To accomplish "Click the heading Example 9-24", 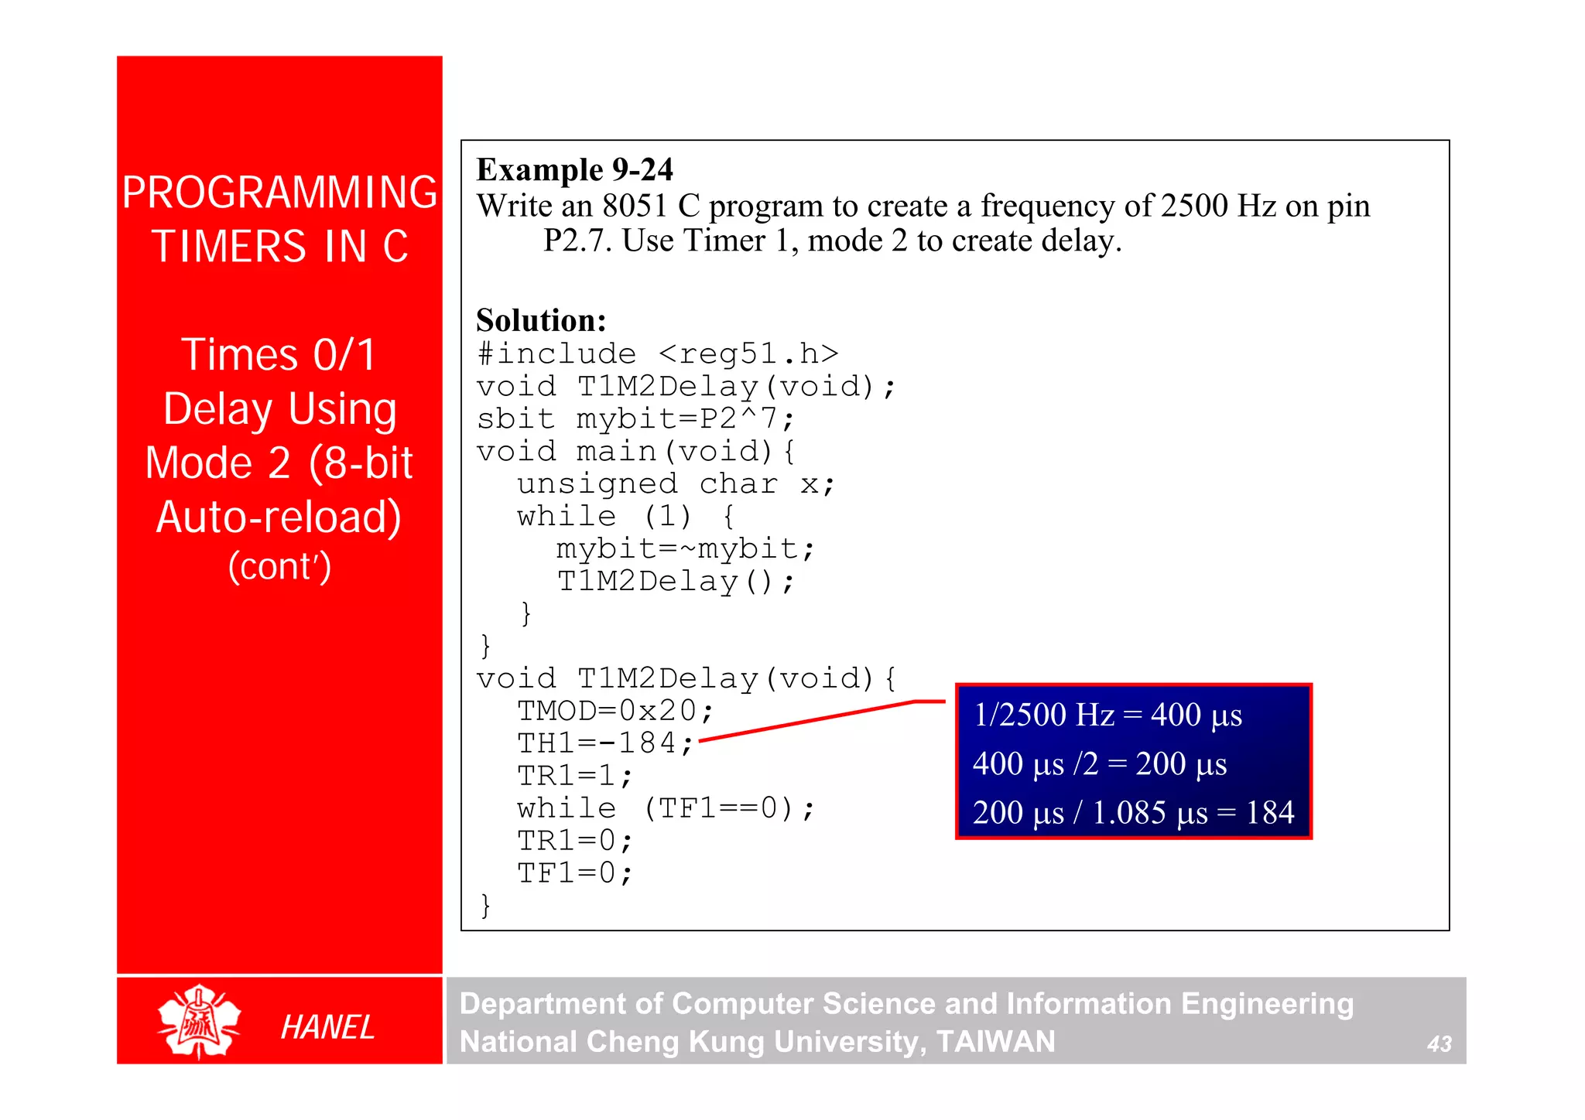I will pos(574,170).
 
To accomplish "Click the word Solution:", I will pos(541,320).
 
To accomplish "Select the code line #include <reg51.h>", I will pos(658,354).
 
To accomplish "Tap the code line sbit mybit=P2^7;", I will pos(635,419).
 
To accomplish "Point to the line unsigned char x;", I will pos(676,484).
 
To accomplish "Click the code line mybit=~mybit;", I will pos(685,549).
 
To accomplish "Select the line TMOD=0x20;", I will pos(615,711).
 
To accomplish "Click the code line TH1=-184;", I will pos(605,743).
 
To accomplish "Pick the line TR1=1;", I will pos(575,776).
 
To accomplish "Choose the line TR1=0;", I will pos(575,841).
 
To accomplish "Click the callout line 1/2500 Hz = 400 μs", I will pos(1107,715).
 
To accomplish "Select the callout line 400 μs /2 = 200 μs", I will pos(1100,764).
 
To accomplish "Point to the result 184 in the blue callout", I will pos(1269,813).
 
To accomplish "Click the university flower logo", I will pos(199,1022).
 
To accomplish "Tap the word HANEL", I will pos(327,1028).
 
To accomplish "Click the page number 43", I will pos(1439,1044).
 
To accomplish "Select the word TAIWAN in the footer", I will pos(995,1042).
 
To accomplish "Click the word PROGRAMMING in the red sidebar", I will pos(279,193).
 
